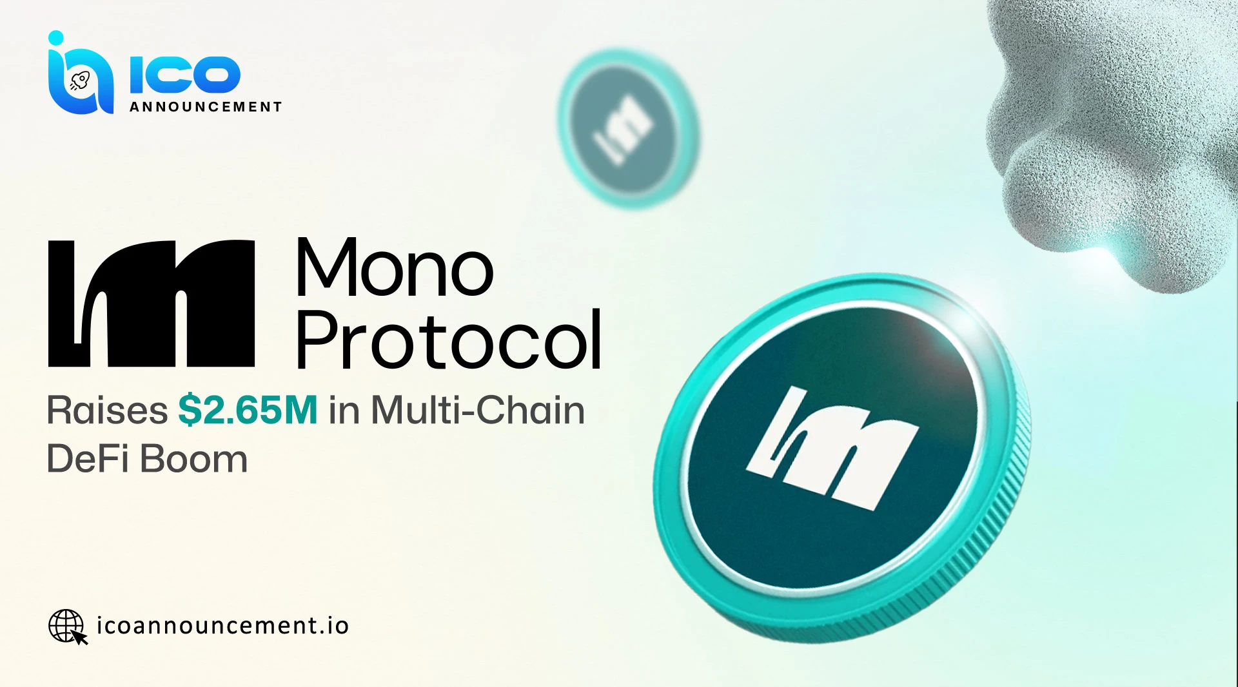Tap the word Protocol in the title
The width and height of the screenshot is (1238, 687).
tap(449, 340)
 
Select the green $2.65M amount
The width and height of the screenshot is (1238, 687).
tap(248, 411)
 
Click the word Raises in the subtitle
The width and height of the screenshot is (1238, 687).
tap(107, 411)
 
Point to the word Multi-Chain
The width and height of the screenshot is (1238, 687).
tap(478, 411)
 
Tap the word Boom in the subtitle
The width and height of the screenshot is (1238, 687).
tap(193, 460)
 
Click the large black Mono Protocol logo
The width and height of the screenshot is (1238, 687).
tap(152, 304)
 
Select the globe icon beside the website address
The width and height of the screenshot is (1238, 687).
tap(66, 626)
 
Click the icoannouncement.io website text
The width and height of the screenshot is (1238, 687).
tap(222, 626)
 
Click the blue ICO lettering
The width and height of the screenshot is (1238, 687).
tap(185, 74)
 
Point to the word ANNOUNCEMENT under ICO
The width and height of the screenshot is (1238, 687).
tap(206, 107)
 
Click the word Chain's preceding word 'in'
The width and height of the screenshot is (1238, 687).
tap(344, 411)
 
